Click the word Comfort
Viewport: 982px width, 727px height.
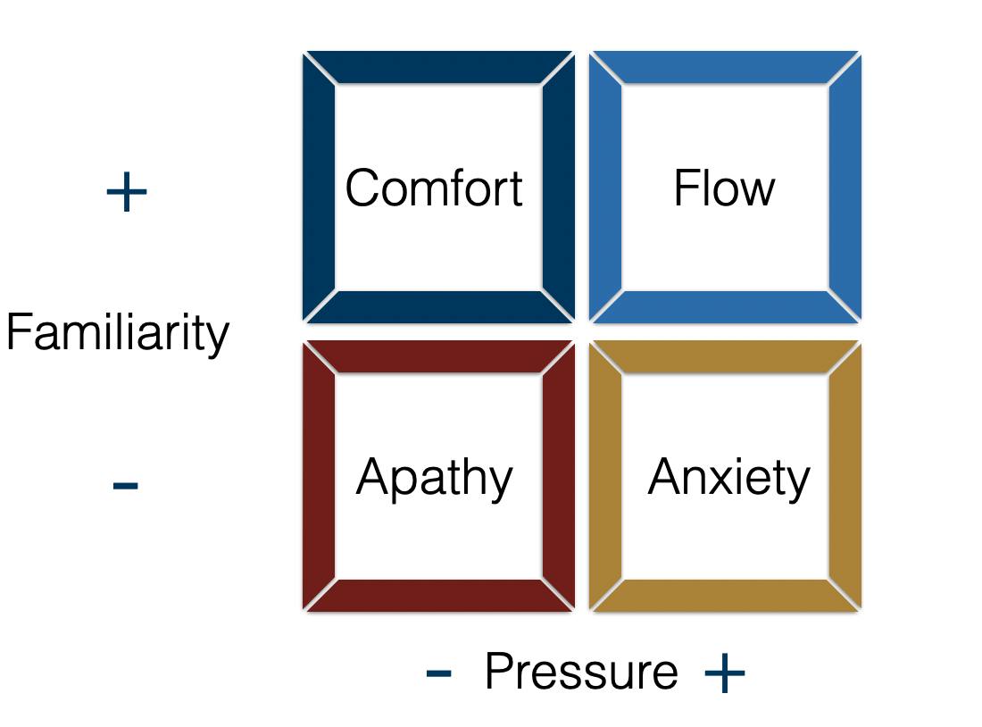click(434, 188)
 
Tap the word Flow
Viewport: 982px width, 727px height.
click(724, 188)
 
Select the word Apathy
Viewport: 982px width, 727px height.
click(434, 478)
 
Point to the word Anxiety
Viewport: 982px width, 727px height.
click(728, 478)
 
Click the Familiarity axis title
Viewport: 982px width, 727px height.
click(118, 333)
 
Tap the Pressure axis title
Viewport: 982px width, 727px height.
click(581, 672)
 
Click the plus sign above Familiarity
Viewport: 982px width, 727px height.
click(126, 193)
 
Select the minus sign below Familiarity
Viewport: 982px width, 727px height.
click(126, 486)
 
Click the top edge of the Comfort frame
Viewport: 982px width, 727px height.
click(438, 68)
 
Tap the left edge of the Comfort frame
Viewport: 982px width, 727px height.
click(319, 188)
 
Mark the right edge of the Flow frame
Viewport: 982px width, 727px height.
click(845, 188)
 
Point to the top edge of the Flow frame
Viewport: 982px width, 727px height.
click(725, 68)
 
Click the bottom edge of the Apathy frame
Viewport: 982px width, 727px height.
click(438, 596)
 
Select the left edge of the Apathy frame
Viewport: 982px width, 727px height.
click(319, 476)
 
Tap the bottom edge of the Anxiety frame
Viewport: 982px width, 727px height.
click(725, 596)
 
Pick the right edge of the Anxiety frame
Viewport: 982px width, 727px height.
click(845, 476)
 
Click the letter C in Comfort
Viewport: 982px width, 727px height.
click(363, 188)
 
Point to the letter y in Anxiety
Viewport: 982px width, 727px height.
click(798, 482)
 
